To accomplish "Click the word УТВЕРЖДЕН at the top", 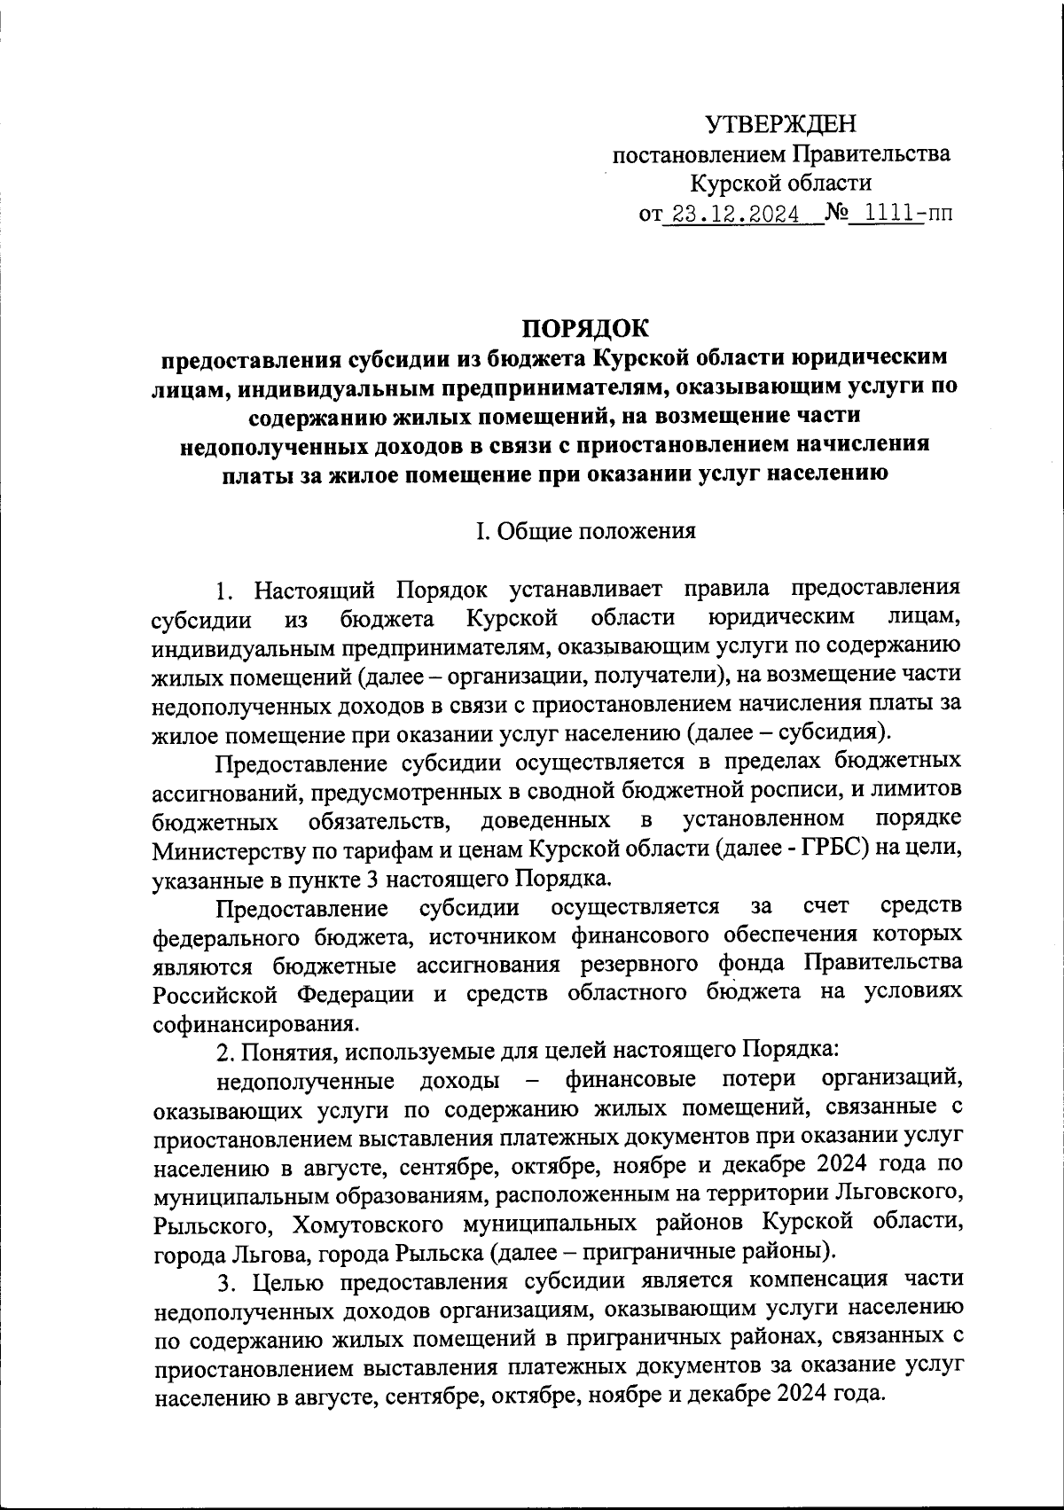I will pos(781,123).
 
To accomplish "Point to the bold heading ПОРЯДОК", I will pos(584,327).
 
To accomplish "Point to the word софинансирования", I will pos(256,1024).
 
